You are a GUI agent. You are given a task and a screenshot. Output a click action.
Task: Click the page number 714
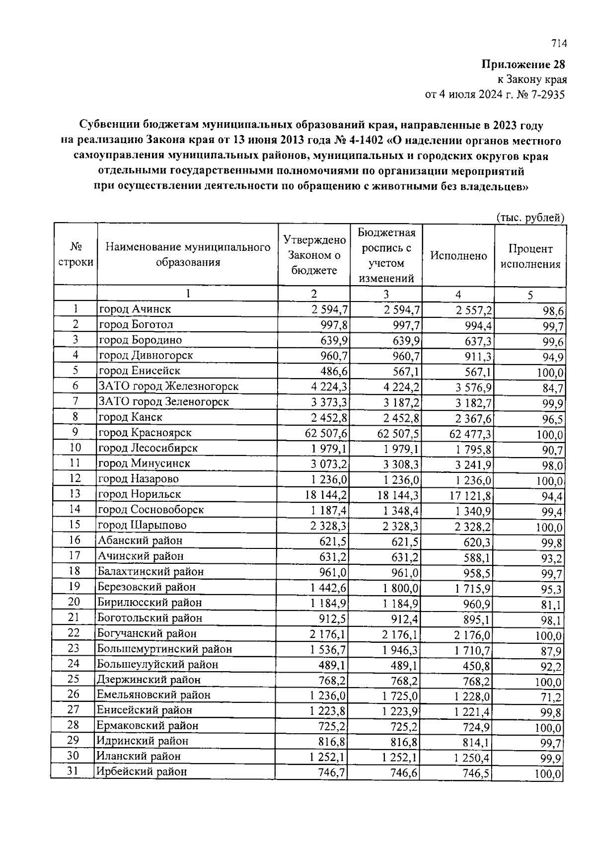pyautogui.click(x=559, y=44)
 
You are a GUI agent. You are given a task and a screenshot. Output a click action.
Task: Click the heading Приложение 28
pyautogui.click(x=523, y=65)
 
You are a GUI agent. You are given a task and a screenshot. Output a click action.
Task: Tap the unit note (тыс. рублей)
pyautogui.click(x=530, y=218)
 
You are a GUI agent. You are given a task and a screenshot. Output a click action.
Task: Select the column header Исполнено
pyautogui.click(x=458, y=256)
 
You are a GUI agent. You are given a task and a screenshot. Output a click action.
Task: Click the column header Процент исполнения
pyautogui.click(x=530, y=256)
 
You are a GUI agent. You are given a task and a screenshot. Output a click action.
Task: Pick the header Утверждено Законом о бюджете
pyautogui.click(x=314, y=255)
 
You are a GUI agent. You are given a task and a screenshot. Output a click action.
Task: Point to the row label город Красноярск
pyautogui.click(x=145, y=433)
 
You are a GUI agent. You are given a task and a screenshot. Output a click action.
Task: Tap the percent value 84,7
pyautogui.click(x=552, y=388)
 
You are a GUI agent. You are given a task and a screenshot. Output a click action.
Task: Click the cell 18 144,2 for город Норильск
pyautogui.click(x=326, y=495)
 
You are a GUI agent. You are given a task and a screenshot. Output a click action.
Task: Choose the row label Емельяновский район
pyautogui.click(x=154, y=695)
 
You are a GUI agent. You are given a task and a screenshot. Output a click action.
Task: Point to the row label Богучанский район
pyautogui.click(x=147, y=633)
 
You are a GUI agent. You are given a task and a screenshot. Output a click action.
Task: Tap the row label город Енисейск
pyautogui.click(x=140, y=371)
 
